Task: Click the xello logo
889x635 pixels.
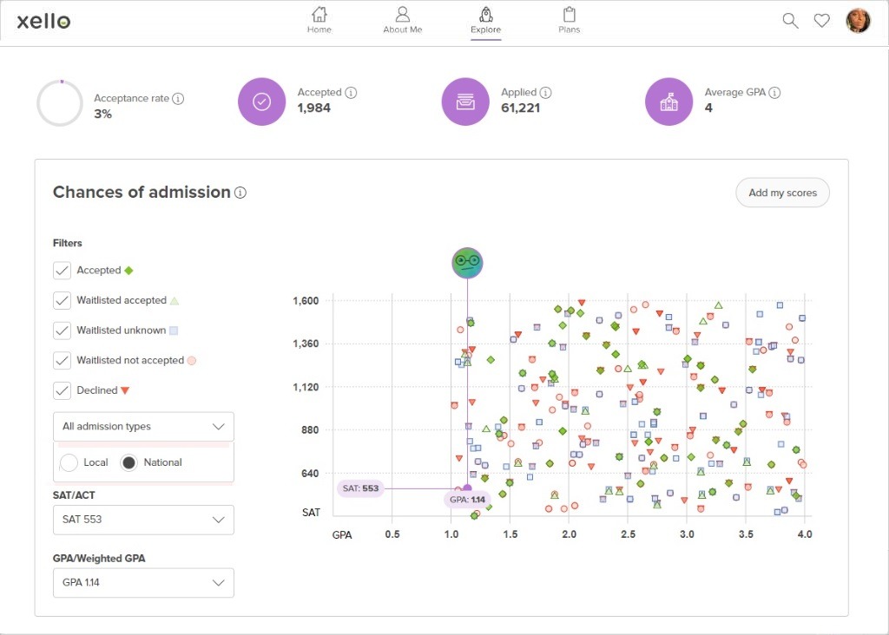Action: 43,21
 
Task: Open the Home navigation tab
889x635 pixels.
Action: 319,20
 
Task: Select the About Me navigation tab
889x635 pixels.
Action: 402,20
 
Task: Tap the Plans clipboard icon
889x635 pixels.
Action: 570,15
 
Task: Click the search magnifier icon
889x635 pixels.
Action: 790,21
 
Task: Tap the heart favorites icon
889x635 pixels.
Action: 821,21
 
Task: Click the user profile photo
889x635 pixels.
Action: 858,21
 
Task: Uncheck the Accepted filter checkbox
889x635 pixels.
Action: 62,271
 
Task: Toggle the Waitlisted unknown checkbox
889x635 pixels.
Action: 62,331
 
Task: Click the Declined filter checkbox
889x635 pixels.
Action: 62,390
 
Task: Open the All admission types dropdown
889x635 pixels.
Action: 143,427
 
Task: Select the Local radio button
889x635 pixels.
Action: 69,463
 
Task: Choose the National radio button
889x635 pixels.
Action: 128,463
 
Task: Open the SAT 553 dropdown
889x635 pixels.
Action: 143,520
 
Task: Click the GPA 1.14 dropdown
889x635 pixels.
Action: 143,583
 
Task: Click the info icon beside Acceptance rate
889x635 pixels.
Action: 178,99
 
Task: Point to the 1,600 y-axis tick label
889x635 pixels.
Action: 306,301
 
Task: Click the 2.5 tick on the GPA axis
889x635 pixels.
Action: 628,534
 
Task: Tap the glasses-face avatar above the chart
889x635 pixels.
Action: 467,261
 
